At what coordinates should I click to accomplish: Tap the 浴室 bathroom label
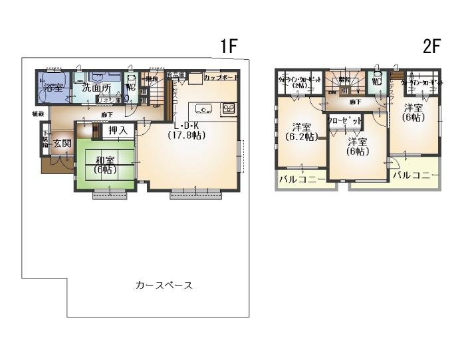(53, 88)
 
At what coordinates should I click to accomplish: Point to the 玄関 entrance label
(62, 143)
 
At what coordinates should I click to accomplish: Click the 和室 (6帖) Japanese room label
(105, 164)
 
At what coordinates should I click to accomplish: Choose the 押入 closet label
(118, 131)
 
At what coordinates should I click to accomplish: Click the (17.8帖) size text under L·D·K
(186, 135)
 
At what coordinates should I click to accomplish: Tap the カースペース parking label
(164, 285)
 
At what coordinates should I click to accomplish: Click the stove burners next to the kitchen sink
(228, 109)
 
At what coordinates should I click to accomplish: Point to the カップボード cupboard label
(221, 78)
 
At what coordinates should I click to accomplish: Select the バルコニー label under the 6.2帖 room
(302, 180)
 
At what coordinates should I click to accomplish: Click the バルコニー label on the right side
(415, 175)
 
